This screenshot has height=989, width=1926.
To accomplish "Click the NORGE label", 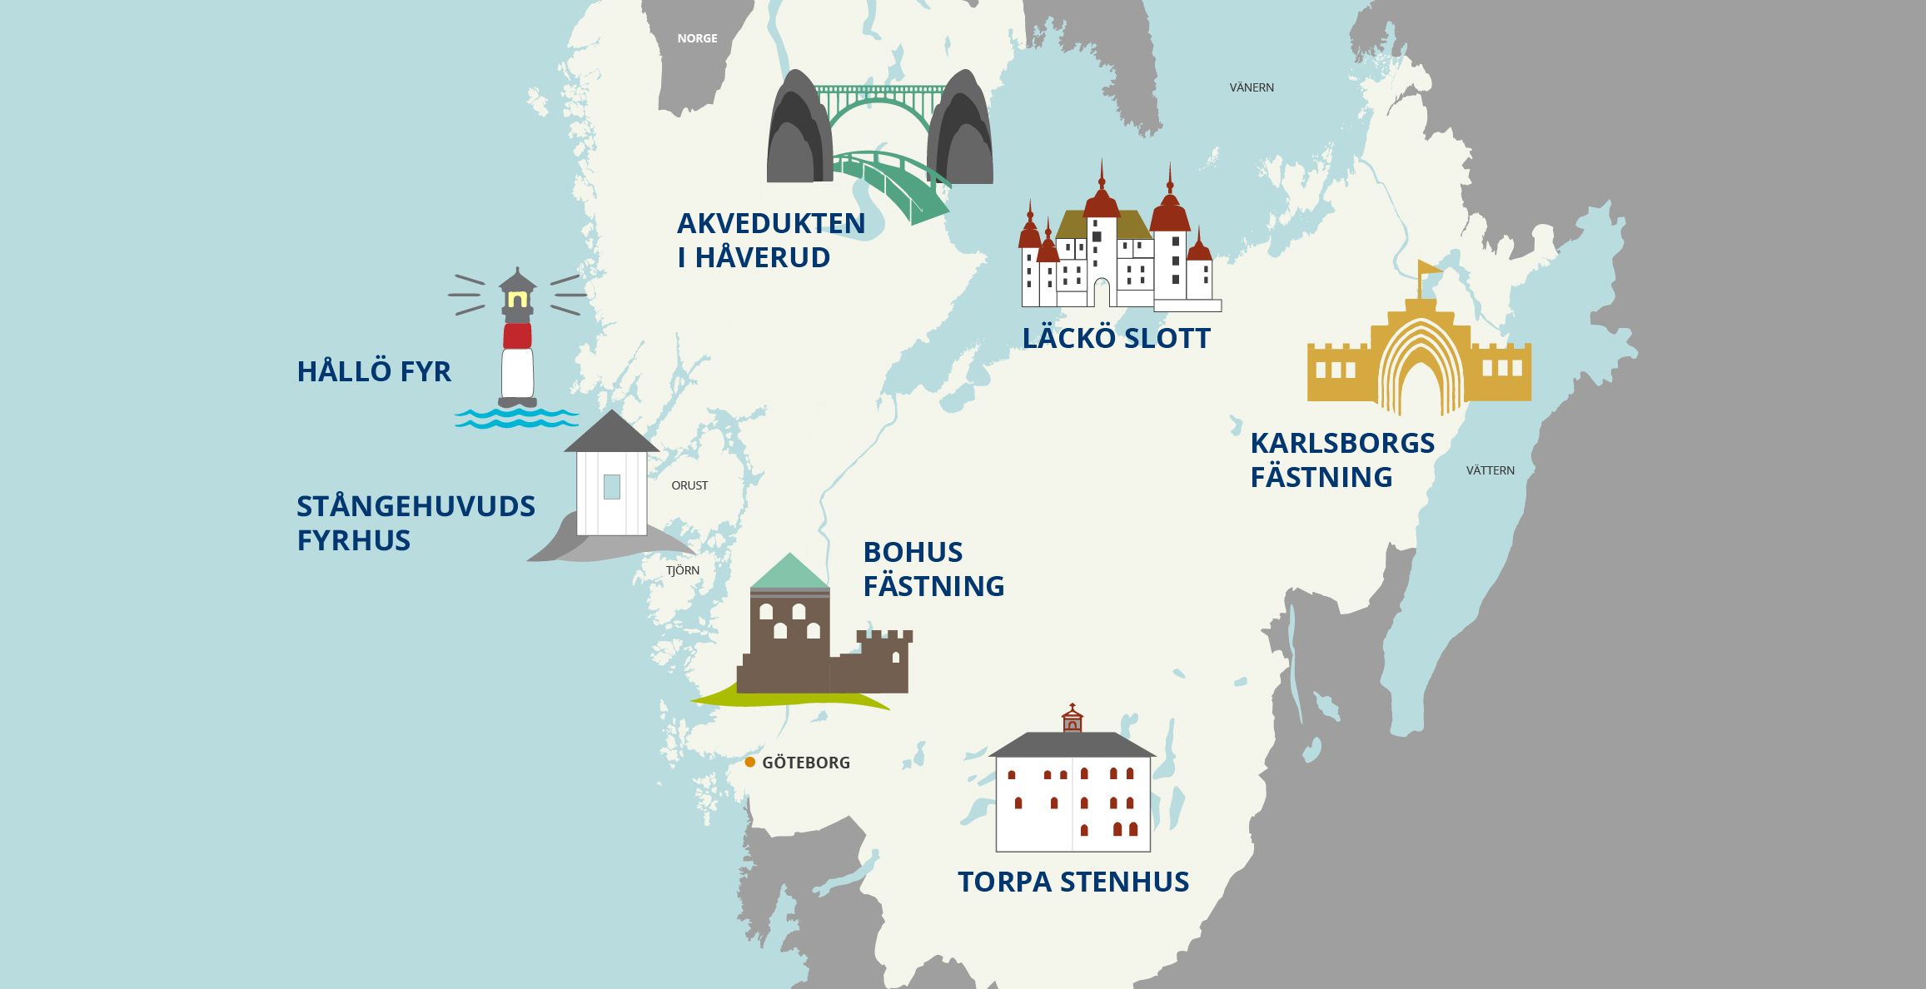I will [x=697, y=38].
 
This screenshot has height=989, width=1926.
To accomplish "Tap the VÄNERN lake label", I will [x=1252, y=87].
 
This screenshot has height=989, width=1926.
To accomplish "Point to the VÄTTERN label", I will [x=1490, y=470].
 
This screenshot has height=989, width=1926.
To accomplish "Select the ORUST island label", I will [x=689, y=485].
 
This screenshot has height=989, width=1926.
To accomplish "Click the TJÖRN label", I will [x=683, y=570].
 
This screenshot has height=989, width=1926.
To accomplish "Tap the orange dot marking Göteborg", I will [x=750, y=762].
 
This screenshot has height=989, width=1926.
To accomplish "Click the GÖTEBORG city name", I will [x=806, y=763].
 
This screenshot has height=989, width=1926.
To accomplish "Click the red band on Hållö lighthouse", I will [x=517, y=336].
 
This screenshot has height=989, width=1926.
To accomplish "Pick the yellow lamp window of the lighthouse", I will [x=517, y=299].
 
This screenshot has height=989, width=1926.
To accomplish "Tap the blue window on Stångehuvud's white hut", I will [x=612, y=486].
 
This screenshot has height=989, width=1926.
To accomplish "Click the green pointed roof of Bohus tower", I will [x=789, y=573].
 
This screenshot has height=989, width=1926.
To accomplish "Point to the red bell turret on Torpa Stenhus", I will [x=1072, y=719].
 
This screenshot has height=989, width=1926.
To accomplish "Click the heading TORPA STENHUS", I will [x=1072, y=882].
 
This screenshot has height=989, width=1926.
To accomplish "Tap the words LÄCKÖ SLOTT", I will [x=1116, y=339].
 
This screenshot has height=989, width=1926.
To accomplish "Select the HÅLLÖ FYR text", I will [x=374, y=371].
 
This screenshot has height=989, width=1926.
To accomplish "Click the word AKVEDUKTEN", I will [x=771, y=224].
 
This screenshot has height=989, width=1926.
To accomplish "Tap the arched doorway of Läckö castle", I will [x=1102, y=294].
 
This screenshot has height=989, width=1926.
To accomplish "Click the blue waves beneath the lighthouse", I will [x=516, y=419].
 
